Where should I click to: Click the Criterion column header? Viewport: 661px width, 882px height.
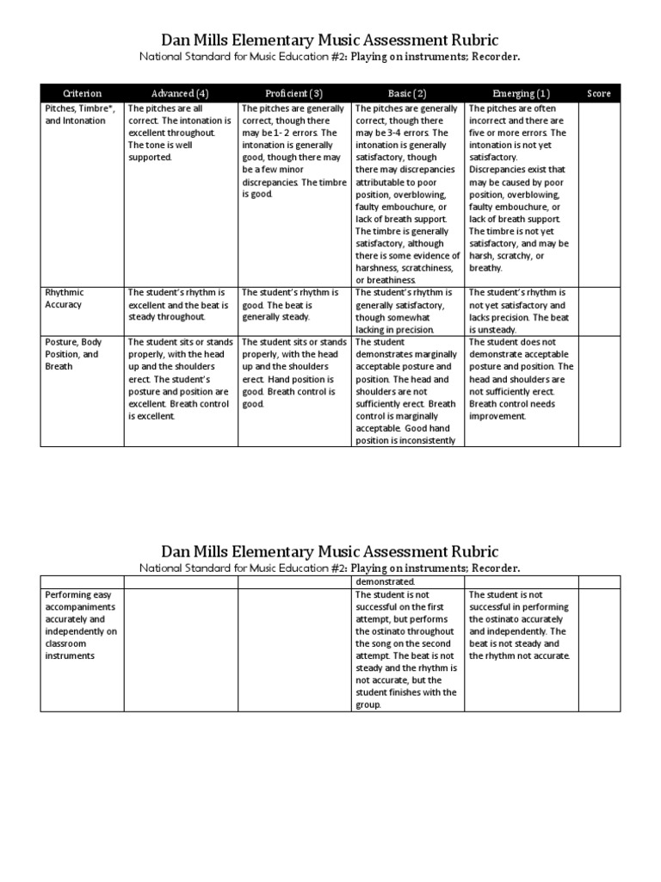click(83, 93)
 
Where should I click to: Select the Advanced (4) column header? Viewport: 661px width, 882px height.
click(180, 93)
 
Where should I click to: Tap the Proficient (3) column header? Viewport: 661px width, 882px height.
click(293, 93)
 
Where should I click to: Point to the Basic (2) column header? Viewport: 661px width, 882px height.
click(407, 93)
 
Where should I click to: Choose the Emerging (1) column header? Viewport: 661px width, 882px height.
click(521, 93)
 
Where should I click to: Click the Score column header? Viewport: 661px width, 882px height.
click(599, 93)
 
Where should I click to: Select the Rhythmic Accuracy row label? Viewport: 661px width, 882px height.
click(64, 298)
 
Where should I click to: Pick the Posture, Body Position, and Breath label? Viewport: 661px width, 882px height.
click(72, 354)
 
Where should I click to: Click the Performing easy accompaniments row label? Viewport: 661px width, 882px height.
click(81, 625)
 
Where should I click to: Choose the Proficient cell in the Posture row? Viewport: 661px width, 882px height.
click(293, 372)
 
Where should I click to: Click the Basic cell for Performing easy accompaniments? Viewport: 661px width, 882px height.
click(407, 649)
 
